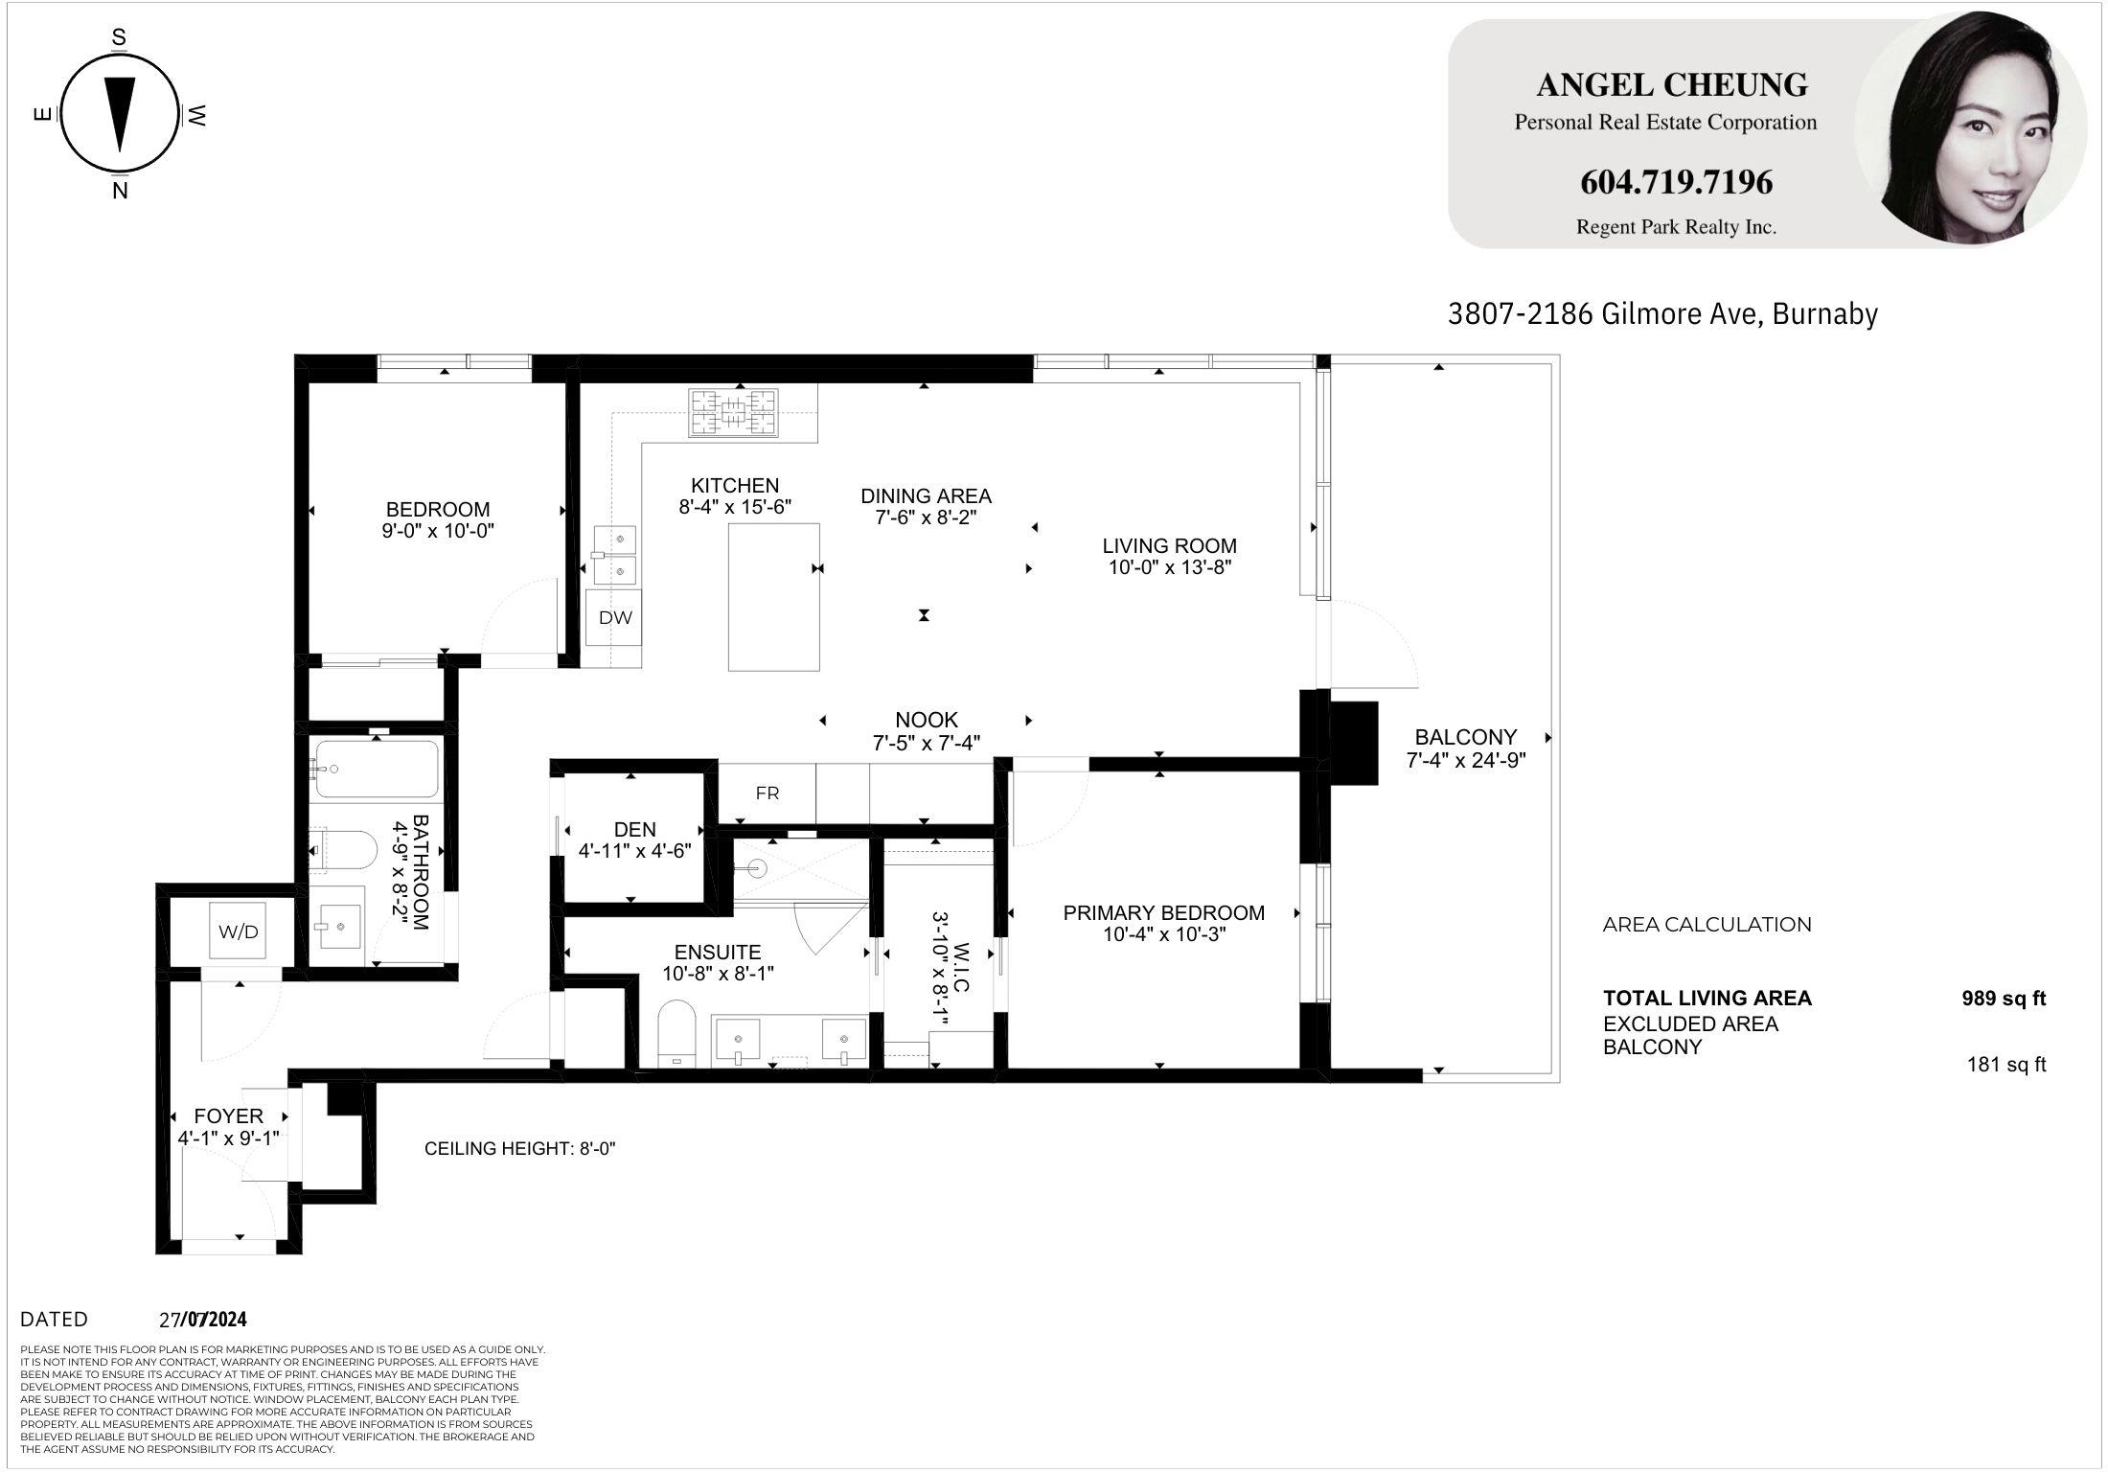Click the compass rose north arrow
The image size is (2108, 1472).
click(x=119, y=114)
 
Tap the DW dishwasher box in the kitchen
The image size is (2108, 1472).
click(x=615, y=618)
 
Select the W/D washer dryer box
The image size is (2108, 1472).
click(x=239, y=931)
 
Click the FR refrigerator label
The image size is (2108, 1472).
click(x=768, y=793)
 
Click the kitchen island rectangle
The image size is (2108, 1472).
click(x=774, y=597)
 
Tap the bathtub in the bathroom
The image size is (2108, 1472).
click(x=377, y=769)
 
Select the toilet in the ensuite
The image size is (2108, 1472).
click(x=677, y=1033)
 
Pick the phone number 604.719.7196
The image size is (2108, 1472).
click(x=1676, y=182)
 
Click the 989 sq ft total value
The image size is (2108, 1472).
click(x=2004, y=999)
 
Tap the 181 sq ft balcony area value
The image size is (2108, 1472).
click(x=2006, y=1065)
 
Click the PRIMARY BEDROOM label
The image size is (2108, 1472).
click(x=1164, y=913)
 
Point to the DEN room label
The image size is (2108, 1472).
click(x=635, y=830)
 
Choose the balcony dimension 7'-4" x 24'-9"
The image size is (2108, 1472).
click(x=1466, y=761)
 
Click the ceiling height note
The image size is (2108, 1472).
click(x=520, y=1148)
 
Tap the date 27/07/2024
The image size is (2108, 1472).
click(x=203, y=1320)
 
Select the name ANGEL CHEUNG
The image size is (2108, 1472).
click(x=1672, y=85)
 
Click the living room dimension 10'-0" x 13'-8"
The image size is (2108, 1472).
click(x=1170, y=567)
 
